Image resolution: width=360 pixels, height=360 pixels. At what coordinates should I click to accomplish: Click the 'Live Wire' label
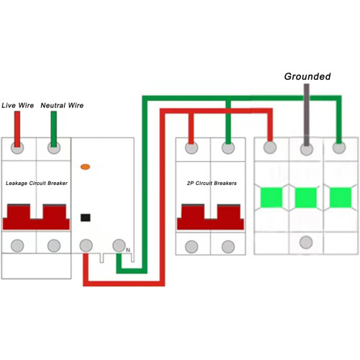[17, 105]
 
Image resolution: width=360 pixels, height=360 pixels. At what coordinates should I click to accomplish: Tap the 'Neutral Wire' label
[62, 105]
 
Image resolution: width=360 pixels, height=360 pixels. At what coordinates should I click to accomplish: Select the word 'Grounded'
[307, 76]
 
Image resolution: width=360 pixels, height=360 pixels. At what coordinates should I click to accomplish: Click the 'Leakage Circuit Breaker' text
[37, 183]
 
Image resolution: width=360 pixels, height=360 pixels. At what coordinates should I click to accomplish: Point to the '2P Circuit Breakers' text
[212, 183]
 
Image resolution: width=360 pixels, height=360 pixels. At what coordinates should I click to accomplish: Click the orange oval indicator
[85, 167]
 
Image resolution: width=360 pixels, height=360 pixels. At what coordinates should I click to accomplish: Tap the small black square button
[86, 217]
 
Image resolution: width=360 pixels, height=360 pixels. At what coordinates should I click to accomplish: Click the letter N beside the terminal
[128, 250]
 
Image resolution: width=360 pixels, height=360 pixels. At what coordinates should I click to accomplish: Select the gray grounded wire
[307, 114]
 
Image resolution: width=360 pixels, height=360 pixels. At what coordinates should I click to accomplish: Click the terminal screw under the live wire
[17, 148]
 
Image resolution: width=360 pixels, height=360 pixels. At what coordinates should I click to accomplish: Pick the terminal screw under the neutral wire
[54, 148]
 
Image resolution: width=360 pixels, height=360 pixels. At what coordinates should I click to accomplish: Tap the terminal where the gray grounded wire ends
[307, 149]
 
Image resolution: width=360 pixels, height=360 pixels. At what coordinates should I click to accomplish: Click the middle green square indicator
[306, 198]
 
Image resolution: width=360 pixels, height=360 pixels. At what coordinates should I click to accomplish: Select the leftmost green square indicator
[271, 198]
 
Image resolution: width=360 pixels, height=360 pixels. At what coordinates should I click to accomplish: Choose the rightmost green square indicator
[341, 198]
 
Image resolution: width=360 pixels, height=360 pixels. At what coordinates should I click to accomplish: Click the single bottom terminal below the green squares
[306, 242]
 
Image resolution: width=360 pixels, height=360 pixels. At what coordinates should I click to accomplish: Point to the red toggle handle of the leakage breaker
[36, 217]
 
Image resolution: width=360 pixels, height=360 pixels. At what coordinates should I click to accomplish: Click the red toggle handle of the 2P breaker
[210, 217]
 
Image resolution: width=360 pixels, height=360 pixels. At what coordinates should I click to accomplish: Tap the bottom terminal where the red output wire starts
[86, 246]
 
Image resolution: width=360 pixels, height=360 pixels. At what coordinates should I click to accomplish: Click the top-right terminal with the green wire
[339, 148]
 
